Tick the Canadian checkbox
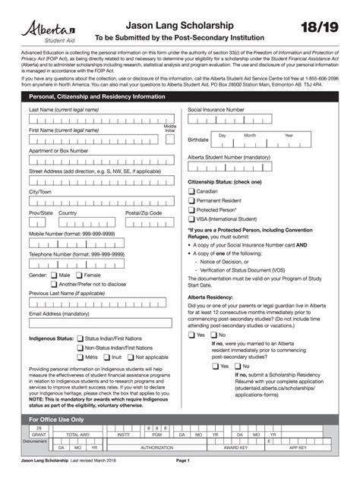[191, 192]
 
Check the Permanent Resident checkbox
[191, 200]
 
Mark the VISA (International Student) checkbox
[191, 219]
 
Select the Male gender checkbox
[53, 275]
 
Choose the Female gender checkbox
[78, 275]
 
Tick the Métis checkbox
[80, 357]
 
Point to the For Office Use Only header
[56, 419]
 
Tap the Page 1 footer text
[182, 461]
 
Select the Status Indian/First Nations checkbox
[80, 338]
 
